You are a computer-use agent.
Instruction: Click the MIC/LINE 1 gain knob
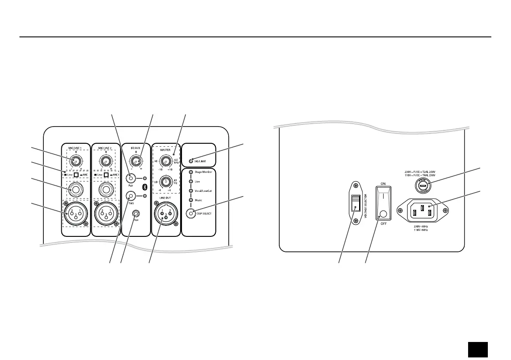[76, 162]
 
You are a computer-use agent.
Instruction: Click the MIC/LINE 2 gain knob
[106, 162]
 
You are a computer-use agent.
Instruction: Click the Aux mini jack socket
[136, 213]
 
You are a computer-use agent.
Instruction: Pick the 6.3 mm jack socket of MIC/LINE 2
[106, 189]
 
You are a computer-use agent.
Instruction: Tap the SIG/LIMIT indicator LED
[191, 161]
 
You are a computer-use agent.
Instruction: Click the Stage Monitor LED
[191, 172]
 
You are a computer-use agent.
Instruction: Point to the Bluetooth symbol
[145, 187]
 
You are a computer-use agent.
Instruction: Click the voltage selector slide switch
[355, 203]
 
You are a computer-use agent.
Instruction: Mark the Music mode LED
[191, 200]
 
